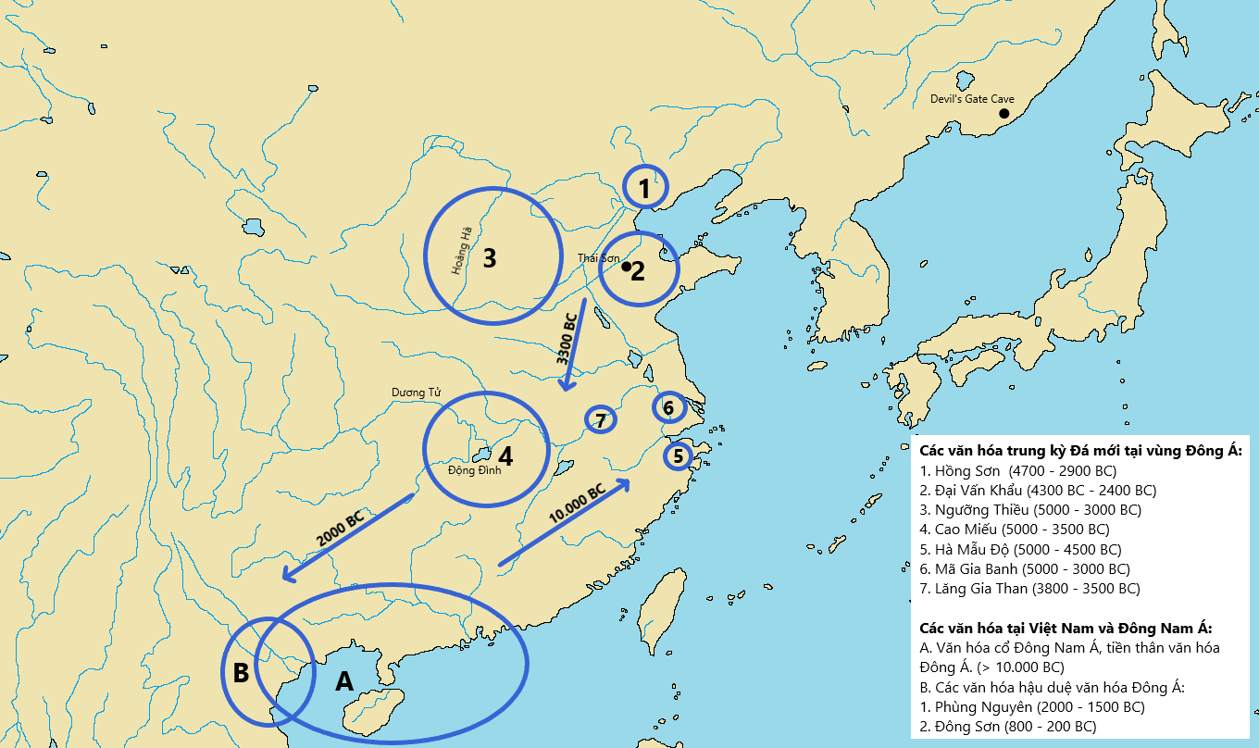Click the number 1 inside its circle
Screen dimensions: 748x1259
pos(643,189)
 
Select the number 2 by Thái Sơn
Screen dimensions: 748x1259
pos(638,271)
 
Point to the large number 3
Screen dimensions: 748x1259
pos(490,257)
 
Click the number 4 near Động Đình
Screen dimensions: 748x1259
pos(505,456)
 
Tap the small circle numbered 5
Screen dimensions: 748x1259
pos(679,456)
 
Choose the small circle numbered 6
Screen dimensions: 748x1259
pos(668,406)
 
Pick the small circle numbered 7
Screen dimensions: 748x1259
pos(601,420)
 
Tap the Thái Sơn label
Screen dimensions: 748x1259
pos(598,258)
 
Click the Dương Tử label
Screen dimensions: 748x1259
pos(416,393)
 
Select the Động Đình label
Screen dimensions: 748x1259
pos(474,469)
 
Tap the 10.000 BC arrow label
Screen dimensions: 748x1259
pos(577,504)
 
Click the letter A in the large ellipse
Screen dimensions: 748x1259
pos(343,680)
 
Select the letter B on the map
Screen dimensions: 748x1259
pos(241,673)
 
